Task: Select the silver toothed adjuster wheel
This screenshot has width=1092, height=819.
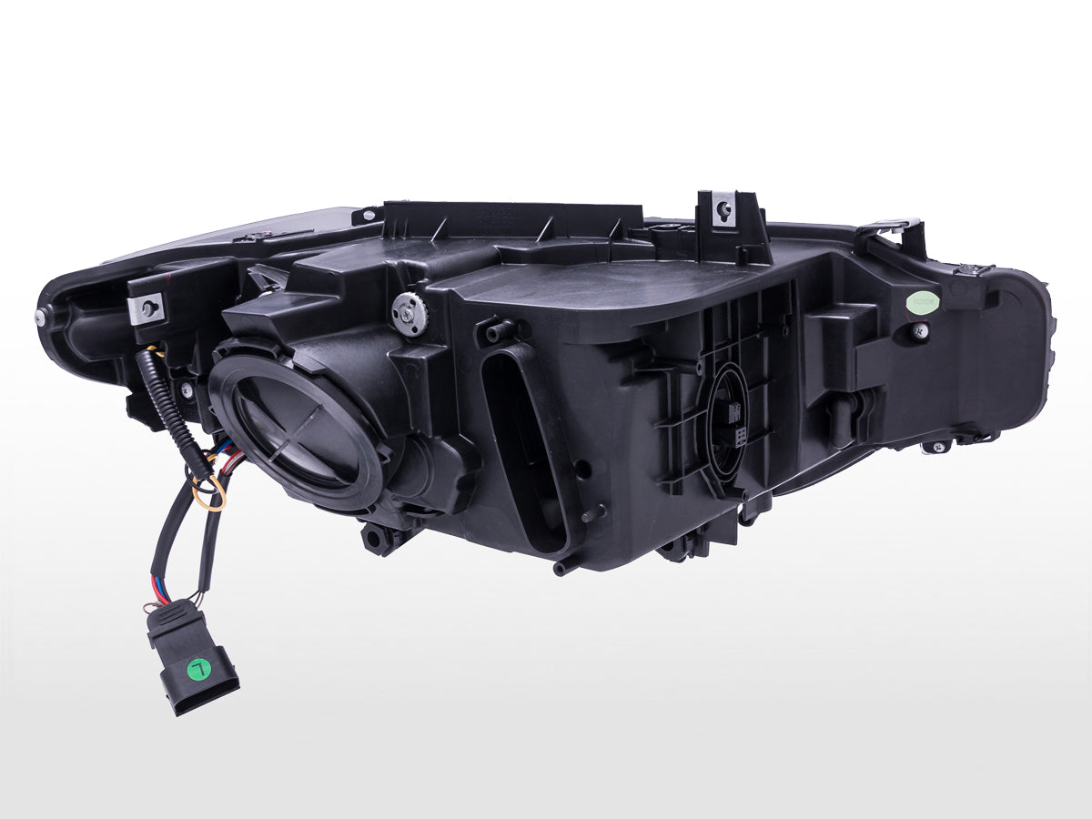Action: pyautogui.click(x=409, y=313)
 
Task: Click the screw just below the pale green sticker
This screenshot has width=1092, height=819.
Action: pyautogui.click(x=921, y=329)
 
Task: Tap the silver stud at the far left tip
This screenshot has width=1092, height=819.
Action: pyautogui.click(x=42, y=316)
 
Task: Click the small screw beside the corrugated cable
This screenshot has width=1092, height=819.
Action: pyautogui.click(x=187, y=390)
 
